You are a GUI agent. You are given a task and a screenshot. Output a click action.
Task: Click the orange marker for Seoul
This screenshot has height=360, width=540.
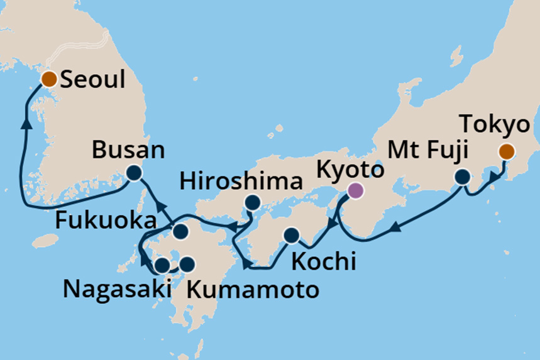48,79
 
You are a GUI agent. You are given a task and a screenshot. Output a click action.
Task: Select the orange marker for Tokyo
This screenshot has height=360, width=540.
506,151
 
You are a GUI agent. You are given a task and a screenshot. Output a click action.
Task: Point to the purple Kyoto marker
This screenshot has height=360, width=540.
356,190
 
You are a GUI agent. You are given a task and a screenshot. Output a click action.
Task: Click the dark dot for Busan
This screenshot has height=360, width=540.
133,173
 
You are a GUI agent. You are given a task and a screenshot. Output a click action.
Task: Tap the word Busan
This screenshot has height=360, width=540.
128,151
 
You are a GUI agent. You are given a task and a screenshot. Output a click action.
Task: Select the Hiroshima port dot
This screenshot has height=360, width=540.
252,202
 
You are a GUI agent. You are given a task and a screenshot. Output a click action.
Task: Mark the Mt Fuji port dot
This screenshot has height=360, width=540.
463,177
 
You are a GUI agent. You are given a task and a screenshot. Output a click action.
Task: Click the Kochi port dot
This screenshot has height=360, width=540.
291,236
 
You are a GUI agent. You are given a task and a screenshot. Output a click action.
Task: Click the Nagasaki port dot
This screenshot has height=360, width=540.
162,265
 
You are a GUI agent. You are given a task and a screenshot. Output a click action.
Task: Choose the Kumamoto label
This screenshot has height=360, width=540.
251,290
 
